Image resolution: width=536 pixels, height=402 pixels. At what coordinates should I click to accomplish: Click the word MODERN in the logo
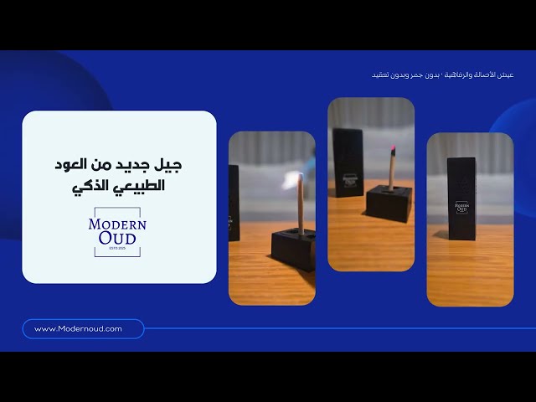(117, 224)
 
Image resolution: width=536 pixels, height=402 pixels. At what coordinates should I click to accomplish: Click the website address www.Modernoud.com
(78, 329)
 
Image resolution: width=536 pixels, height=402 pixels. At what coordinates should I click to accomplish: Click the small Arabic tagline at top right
(441, 75)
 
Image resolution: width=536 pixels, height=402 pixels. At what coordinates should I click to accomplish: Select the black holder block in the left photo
(293, 250)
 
